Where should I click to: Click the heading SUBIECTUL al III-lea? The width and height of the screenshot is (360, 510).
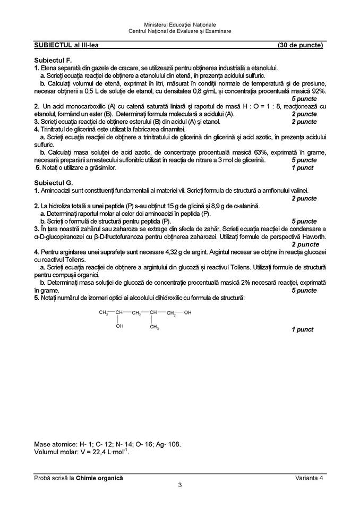click(x=66, y=45)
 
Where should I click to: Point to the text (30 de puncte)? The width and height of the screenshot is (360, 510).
click(x=300, y=45)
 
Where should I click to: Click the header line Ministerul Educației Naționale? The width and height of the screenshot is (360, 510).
click(x=180, y=25)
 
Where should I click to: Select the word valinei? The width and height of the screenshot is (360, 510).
click(x=297, y=190)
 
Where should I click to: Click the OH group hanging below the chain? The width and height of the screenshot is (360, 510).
click(x=119, y=326)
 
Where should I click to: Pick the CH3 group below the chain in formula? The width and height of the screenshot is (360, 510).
click(x=154, y=327)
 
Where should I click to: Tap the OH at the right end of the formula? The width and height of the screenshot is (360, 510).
click(x=187, y=312)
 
